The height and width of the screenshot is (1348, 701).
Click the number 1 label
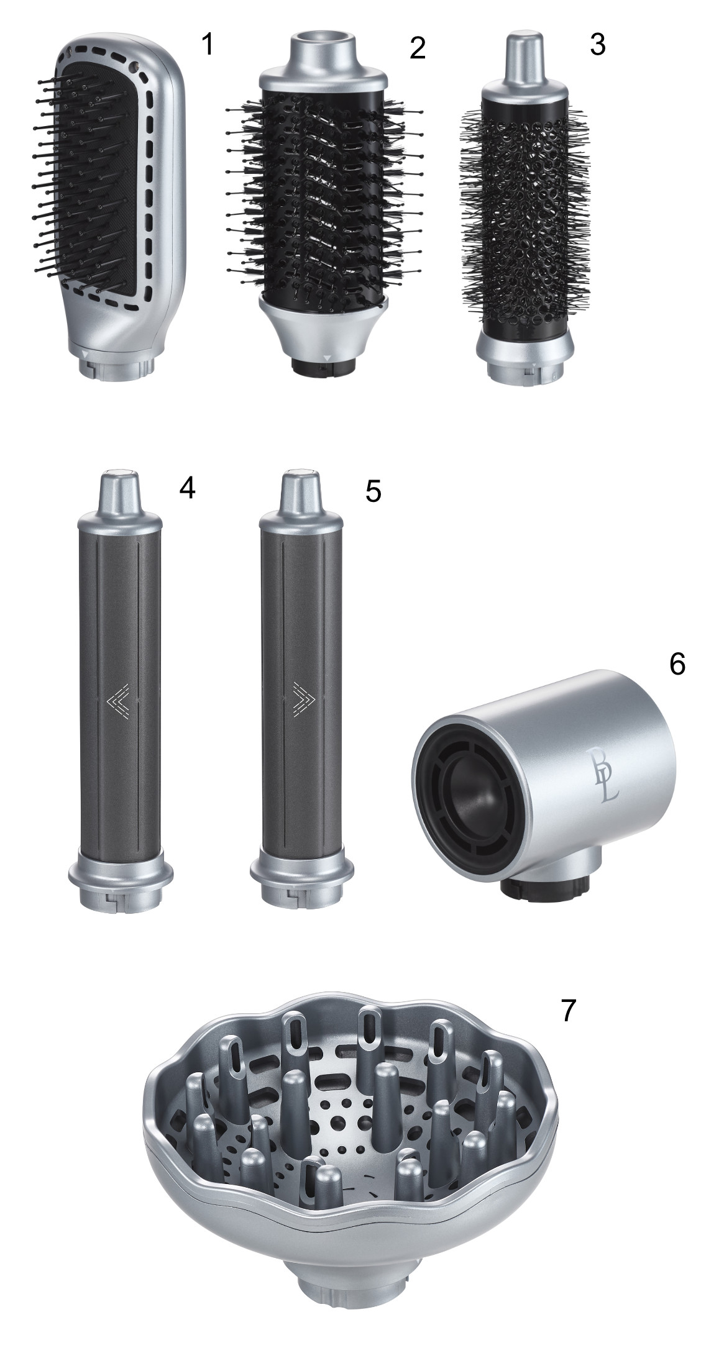click(x=208, y=44)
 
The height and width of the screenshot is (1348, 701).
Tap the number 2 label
click(x=418, y=48)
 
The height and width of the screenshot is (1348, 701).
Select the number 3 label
click(x=597, y=44)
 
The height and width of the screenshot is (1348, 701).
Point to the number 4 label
click(x=187, y=489)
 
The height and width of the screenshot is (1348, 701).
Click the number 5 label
click(x=373, y=491)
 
